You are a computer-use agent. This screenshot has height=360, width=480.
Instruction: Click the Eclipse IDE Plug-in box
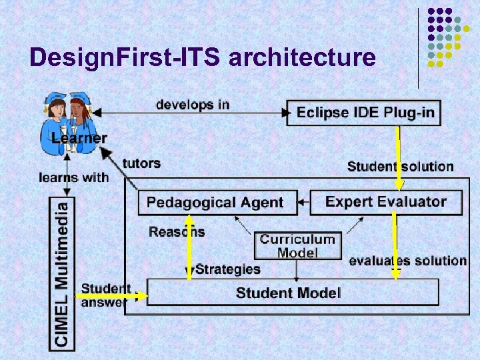click(365, 113)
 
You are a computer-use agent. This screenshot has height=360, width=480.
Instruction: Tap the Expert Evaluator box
click(386, 201)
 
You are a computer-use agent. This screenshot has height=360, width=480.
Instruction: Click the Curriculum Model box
click(297, 245)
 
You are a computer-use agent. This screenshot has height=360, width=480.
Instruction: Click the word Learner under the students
click(79, 139)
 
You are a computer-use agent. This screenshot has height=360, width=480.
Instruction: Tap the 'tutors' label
click(141, 163)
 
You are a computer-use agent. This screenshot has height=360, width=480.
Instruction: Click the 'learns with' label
click(73, 177)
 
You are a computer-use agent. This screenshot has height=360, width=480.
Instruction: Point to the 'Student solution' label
click(400, 166)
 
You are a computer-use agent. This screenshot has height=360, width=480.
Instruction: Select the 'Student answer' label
click(104, 295)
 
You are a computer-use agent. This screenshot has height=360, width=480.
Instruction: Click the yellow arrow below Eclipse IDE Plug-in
click(398, 157)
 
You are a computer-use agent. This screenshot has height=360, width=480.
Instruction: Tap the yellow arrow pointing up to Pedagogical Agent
click(189, 247)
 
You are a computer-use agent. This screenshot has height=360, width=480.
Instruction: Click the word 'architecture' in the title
click(302, 58)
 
